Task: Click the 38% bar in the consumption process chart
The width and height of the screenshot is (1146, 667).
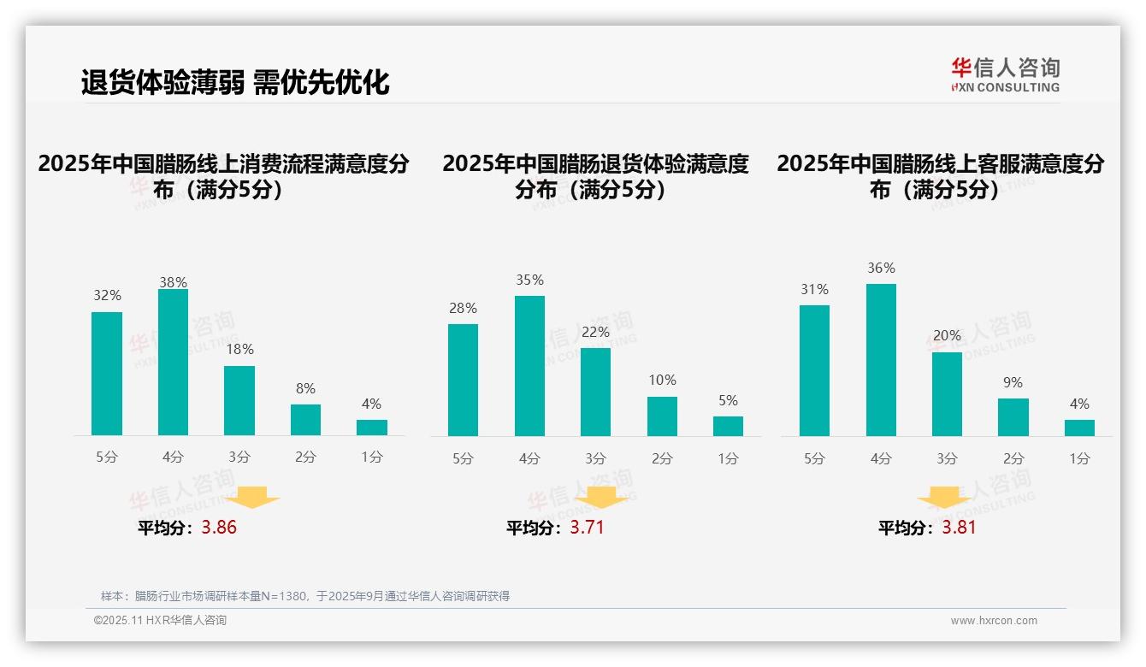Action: coord(173,363)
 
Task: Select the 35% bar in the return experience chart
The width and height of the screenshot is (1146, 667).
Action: coord(529,366)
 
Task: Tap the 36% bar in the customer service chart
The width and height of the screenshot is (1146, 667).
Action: coord(881,360)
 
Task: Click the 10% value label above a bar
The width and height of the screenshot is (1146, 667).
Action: coord(662,380)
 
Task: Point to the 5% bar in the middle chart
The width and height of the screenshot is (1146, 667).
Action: coord(728,426)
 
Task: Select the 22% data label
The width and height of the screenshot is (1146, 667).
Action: coord(595,332)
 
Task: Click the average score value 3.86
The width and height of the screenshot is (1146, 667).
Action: coord(219,528)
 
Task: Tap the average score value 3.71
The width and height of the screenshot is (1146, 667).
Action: coord(587,528)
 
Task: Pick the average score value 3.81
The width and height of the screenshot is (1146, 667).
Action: coord(959,528)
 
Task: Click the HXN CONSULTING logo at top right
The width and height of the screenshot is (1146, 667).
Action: coord(1005,74)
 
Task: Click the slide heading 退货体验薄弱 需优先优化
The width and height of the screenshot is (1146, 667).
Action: coord(235,82)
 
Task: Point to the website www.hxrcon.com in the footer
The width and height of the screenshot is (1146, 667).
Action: coord(993,621)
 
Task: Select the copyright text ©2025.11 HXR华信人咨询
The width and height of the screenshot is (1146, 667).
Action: coord(160,621)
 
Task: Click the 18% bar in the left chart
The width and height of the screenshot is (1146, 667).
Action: coord(239,401)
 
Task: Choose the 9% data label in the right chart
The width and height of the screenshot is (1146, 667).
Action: coord(1013,382)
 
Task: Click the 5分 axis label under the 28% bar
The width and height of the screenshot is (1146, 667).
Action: coord(463,458)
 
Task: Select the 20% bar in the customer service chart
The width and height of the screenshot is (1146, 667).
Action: coord(947,394)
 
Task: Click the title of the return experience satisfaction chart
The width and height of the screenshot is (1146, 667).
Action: coord(595,176)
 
